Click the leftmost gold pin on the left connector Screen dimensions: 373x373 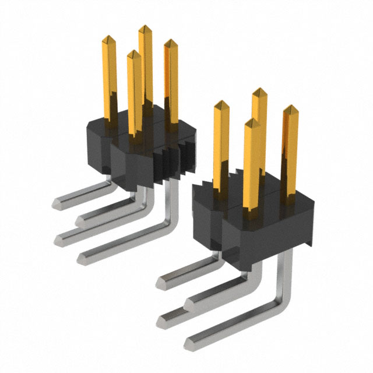[109, 76]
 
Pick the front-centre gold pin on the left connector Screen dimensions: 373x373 [134, 87]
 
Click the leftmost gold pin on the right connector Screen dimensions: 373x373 [220, 140]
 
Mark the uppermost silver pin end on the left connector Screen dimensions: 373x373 [58, 202]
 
